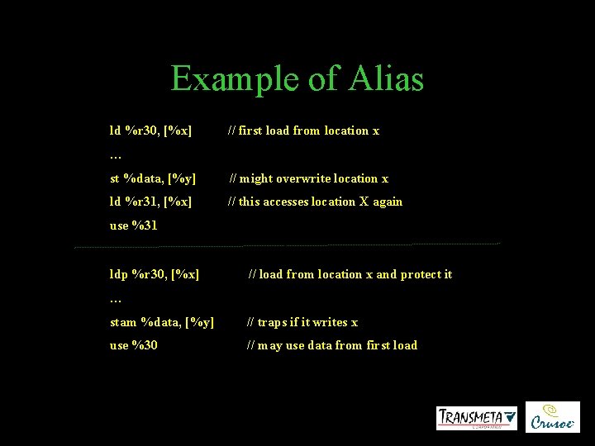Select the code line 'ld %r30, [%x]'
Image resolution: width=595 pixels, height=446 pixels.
151,130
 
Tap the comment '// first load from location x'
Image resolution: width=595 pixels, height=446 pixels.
303,130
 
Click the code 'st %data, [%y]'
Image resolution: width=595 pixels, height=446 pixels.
153,178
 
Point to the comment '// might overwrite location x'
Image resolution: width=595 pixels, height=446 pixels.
308,178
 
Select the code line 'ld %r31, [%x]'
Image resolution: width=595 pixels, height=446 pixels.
151,202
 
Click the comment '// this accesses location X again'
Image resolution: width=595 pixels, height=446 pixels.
315,202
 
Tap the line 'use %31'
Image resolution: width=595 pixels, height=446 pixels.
133,225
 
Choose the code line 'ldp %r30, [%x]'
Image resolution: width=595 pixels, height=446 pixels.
155,274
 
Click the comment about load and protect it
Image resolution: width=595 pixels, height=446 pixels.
350,274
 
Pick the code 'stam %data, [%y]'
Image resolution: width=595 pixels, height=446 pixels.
162,322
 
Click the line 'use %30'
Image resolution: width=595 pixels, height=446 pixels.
134,345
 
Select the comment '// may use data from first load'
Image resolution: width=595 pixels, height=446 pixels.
331,345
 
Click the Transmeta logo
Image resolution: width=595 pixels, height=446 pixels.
477,418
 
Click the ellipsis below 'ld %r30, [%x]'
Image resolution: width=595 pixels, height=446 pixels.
116,155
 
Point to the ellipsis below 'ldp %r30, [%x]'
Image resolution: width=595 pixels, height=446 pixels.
116,299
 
